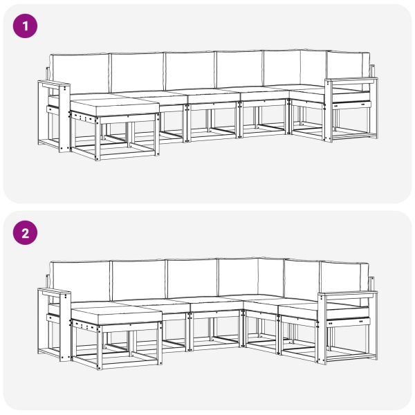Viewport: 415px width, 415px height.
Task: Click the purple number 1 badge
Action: coord(25,27)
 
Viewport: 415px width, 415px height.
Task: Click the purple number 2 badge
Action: coord(25,233)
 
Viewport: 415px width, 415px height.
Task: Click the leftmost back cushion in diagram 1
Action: coord(80,73)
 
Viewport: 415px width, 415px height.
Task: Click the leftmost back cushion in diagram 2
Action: coord(82,280)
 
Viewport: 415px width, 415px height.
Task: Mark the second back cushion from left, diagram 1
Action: coord(136,72)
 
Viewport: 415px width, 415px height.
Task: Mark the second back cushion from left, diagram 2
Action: coord(138,279)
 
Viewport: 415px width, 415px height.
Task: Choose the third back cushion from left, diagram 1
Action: coord(190,71)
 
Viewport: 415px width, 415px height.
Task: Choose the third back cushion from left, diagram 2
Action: coord(192,277)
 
